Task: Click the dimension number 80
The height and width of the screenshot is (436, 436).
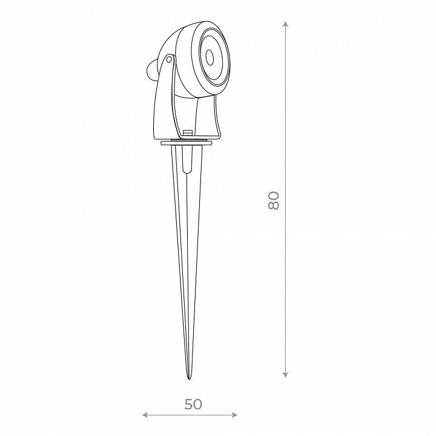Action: point(273,200)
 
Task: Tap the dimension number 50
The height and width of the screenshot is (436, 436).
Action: point(193,405)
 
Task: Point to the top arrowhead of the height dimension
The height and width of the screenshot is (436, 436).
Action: point(285,24)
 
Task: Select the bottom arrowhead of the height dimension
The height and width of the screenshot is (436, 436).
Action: point(285,375)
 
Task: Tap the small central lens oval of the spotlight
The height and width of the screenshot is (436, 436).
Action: point(210,58)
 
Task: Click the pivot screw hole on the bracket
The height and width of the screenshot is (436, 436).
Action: point(169,59)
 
